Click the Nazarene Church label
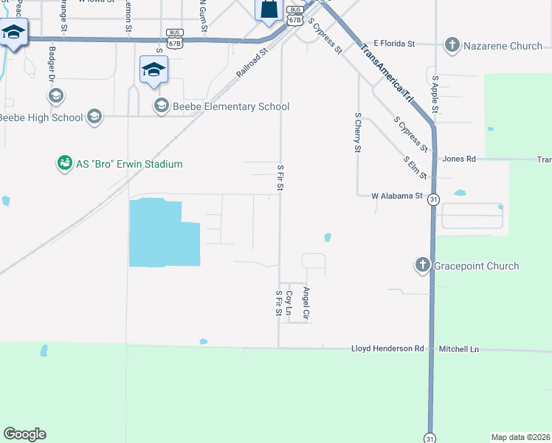pos(503,46)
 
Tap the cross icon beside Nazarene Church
pos(452,46)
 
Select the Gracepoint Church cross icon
pos(422,266)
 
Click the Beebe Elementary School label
pos(230,106)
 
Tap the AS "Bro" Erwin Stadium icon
pos(65,163)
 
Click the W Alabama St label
pos(396,196)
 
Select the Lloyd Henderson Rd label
pos(387,348)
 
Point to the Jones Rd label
pos(459,159)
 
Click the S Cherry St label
pos(357,133)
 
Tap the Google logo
pos(24,434)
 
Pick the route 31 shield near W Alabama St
pos(433,200)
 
